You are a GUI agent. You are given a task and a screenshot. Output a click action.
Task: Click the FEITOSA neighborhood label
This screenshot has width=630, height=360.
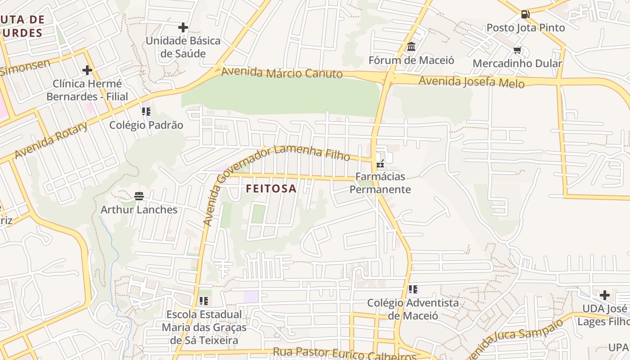click(x=271, y=189)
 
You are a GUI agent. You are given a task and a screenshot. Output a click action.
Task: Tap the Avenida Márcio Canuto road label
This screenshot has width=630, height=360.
click(x=282, y=72)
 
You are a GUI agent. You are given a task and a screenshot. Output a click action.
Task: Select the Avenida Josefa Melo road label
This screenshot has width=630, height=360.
click(x=472, y=82)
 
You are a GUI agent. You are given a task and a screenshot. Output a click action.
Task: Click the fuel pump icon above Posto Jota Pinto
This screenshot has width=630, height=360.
click(x=525, y=14)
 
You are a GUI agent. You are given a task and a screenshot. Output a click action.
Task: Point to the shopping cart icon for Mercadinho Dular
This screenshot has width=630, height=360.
click(x=517, y=50)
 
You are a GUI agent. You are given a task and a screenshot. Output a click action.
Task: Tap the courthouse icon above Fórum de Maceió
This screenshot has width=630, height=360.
click(x=411, y=47)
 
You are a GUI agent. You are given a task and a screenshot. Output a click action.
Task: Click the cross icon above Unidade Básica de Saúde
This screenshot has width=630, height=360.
click(x=183, y=27)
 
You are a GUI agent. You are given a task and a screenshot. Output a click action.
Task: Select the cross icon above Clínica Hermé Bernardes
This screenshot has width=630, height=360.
click(x=87, y=70)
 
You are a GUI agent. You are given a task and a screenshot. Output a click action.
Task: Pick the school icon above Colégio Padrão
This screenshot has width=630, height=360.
click(x=146, y=111)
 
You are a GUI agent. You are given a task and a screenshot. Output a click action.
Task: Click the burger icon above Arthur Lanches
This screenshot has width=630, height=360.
click(x=139, y=196)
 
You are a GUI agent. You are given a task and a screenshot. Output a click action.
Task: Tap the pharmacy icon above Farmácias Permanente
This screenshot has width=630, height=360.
click(x=380, y=164)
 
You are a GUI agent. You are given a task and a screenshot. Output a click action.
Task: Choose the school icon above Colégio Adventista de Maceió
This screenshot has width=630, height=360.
click(x=413, y=289)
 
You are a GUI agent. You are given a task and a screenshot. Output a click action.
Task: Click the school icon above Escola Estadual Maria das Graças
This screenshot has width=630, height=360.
click(x=204, y=301)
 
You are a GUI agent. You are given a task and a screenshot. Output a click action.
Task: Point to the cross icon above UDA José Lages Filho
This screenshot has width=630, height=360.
click(x=605, y=295)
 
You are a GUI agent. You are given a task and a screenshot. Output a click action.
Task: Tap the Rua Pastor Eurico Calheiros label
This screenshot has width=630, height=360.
click(x=345, y=354)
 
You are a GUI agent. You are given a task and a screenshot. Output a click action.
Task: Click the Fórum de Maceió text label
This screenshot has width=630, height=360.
click(x=411, y=60)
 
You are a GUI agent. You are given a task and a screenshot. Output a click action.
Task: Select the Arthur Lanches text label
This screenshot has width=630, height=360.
click(x=139, y=209)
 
